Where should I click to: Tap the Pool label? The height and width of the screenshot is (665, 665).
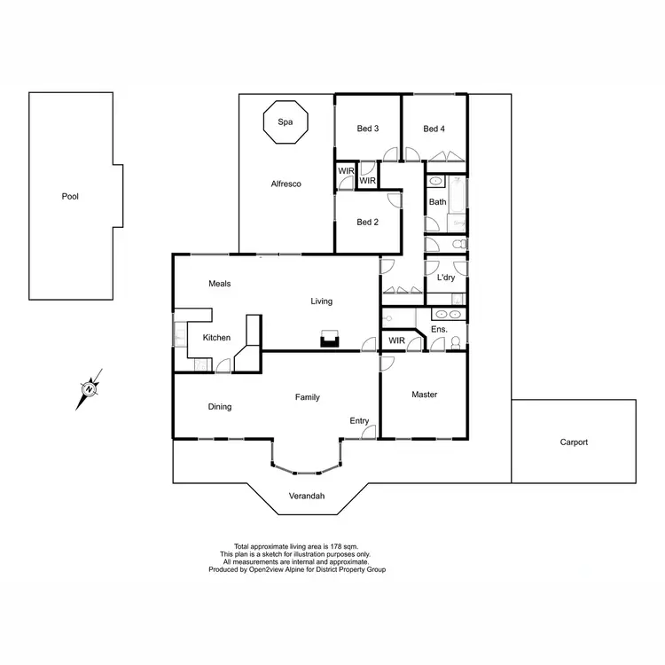70,196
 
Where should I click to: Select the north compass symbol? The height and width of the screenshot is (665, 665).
90,388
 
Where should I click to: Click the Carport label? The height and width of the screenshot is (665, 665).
574,442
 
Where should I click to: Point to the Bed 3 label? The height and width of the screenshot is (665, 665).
368,129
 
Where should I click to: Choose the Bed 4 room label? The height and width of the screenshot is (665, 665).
434,129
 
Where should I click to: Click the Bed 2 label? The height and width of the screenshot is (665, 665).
368,222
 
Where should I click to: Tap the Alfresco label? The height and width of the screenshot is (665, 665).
286,184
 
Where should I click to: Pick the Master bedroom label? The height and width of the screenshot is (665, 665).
425,395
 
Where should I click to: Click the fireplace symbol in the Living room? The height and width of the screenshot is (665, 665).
330,339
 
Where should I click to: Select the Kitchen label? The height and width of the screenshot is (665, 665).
216,338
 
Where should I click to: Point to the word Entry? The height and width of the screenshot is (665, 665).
359,420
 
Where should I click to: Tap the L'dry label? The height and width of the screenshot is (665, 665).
446,278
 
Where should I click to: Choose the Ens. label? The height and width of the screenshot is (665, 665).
439,330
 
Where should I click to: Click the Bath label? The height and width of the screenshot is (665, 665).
438,202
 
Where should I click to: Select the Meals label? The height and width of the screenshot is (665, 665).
220,284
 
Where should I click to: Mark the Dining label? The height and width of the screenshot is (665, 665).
220,407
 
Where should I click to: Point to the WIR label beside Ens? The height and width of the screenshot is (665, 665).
396,340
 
